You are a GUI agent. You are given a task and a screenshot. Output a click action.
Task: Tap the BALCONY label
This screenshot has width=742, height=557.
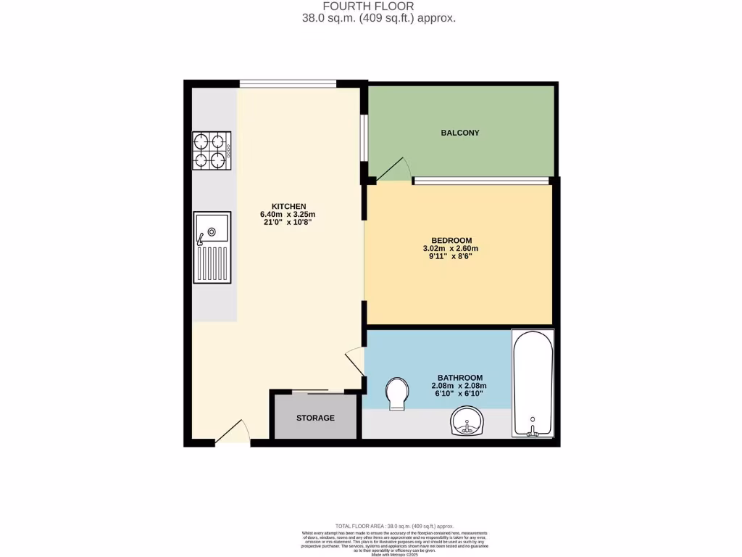(x=460, y=133)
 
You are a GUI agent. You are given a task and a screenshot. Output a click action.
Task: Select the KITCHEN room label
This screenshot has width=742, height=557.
(x=288, y=206)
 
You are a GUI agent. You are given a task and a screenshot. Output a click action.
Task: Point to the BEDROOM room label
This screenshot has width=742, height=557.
(x=451, y=241)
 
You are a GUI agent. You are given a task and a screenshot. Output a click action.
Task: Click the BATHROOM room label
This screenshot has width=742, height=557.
(x=459, y=378)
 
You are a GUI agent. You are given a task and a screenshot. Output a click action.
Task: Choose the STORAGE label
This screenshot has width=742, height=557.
(x=315, y=418)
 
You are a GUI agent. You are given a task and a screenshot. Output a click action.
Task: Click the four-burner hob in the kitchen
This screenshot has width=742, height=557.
(x=212, y=151)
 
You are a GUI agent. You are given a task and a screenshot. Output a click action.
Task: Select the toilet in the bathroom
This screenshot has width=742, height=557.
(x=396, y=394)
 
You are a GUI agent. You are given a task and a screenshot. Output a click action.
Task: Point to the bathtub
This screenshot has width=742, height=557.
(x=533, y=384)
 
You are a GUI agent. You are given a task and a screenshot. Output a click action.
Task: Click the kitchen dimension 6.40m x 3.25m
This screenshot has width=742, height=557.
(x=288, y=215)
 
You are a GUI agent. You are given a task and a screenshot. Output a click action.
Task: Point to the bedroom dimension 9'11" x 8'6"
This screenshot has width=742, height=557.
(x=451, y=257)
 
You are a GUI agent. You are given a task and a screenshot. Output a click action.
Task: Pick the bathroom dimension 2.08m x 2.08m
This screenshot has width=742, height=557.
(x=459, y=386)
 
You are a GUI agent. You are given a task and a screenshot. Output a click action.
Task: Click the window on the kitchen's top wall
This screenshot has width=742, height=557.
(x=288, y=84)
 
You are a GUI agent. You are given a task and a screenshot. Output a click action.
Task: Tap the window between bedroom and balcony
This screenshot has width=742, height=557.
(x=481, y=179)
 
